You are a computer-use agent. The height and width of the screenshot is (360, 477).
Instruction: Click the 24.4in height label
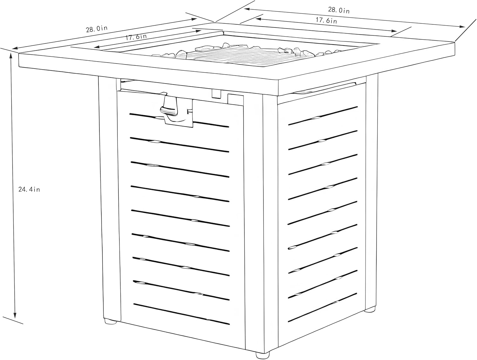29,189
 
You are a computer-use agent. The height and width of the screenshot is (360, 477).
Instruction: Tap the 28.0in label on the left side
97,29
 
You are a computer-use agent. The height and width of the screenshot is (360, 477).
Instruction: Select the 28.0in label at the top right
339,10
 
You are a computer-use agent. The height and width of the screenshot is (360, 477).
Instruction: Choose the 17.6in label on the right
326,20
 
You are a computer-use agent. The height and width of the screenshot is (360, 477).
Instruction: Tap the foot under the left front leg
110,321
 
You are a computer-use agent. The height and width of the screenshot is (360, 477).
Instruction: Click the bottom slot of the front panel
182,314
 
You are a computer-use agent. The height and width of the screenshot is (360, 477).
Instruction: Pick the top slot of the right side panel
323,116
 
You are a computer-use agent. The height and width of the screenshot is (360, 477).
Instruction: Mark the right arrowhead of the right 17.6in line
394,31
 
